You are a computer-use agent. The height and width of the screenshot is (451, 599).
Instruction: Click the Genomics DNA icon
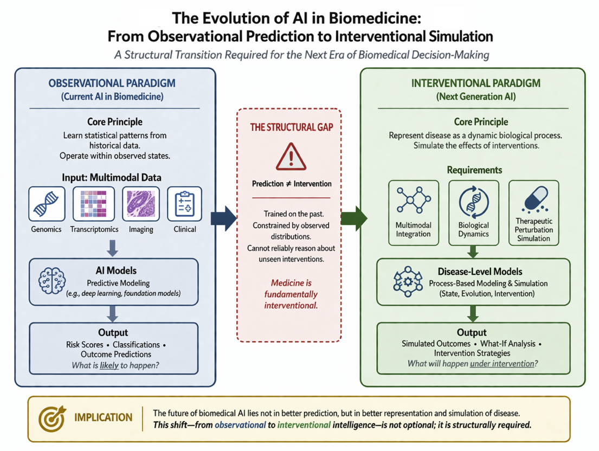point(47,204)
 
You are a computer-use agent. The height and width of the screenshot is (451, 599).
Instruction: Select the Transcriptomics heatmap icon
point(94,204)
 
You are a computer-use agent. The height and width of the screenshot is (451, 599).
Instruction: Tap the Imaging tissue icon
point(141,204)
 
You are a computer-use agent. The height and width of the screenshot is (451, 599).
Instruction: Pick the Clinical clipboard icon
point(184,204)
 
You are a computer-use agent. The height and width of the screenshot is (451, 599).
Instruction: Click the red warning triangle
point(291,157)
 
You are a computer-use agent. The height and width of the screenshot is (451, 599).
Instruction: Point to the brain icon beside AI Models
point(52,281)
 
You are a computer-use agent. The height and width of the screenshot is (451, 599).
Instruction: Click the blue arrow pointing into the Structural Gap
point(224,218)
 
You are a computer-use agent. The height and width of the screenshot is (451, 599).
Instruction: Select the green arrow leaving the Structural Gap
point(354,218)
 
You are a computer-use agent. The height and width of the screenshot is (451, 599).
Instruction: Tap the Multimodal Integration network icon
point(414,199)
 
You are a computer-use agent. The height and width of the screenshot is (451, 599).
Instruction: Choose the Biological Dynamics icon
point(474,202)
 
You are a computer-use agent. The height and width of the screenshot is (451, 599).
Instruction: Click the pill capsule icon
point(536,199)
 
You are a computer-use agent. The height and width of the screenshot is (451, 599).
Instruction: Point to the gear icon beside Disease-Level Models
point(408,282)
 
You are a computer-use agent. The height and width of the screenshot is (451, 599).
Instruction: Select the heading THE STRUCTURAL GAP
point(292,127)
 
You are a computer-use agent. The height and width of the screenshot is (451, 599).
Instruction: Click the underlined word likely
point(110,365)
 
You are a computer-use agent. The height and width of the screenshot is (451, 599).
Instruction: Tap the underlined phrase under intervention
point(502,364)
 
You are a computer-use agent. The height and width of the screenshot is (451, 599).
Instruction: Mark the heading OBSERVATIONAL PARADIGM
point(112,83)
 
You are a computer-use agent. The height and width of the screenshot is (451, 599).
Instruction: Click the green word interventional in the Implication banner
point(304,425)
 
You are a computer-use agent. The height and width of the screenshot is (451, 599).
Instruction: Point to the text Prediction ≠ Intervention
point(292,184)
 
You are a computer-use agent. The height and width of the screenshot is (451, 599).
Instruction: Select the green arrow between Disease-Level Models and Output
point(473,313)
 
